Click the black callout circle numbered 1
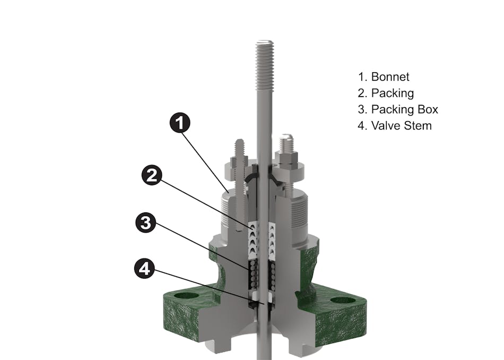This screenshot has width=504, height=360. tap(180, 123)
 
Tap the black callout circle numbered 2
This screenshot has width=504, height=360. tap(152, 175)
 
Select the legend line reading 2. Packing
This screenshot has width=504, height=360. tap(386, 93)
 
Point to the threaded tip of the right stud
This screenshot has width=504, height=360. tap(286, 141)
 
